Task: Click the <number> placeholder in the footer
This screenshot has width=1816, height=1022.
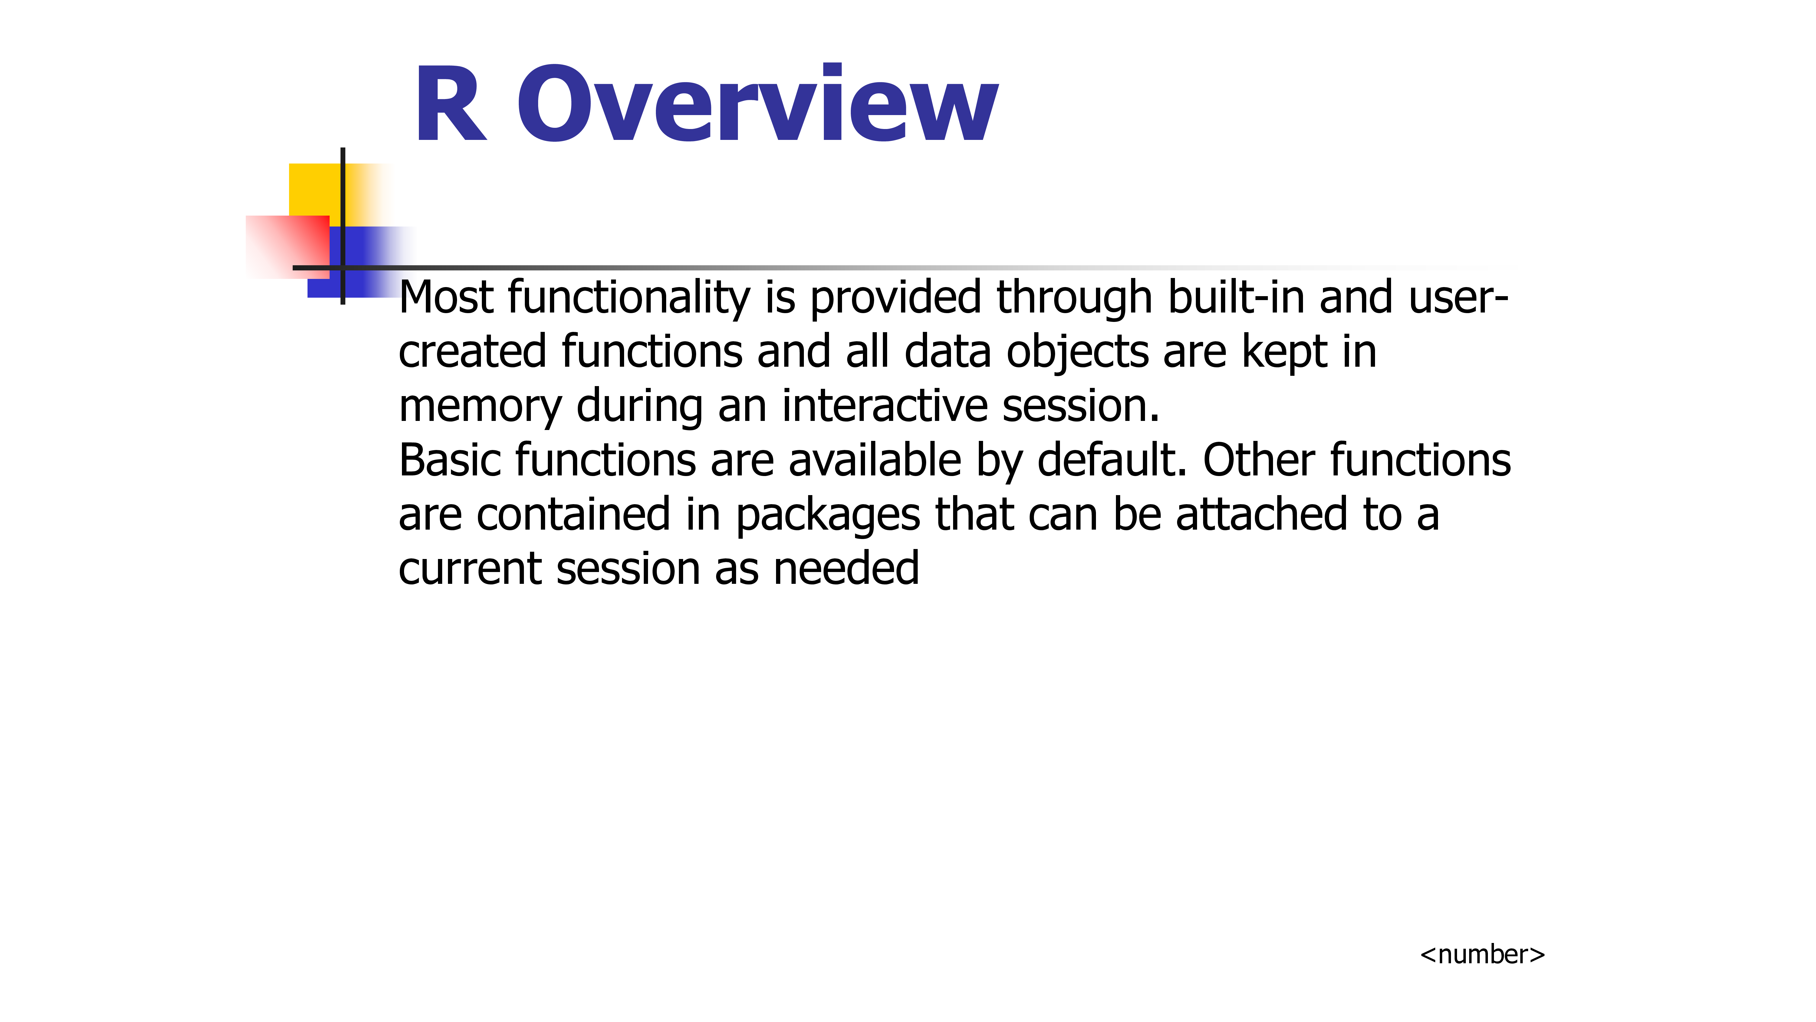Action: click(x=1482, y=954)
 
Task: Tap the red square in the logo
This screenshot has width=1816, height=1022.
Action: click(x=288, y=247)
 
